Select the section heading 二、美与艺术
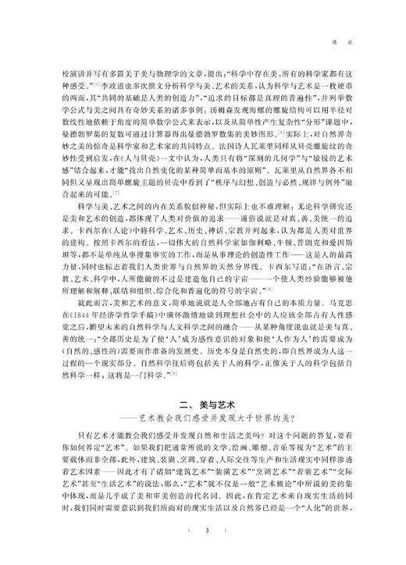pyautogui.click(x=202, y=403)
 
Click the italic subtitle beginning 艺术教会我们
pyautogui.click(x=212, y=419)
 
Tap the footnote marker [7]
pyautogui.click(x=116, y=192)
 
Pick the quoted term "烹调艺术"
pyautogui.click(x=269, y=477)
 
